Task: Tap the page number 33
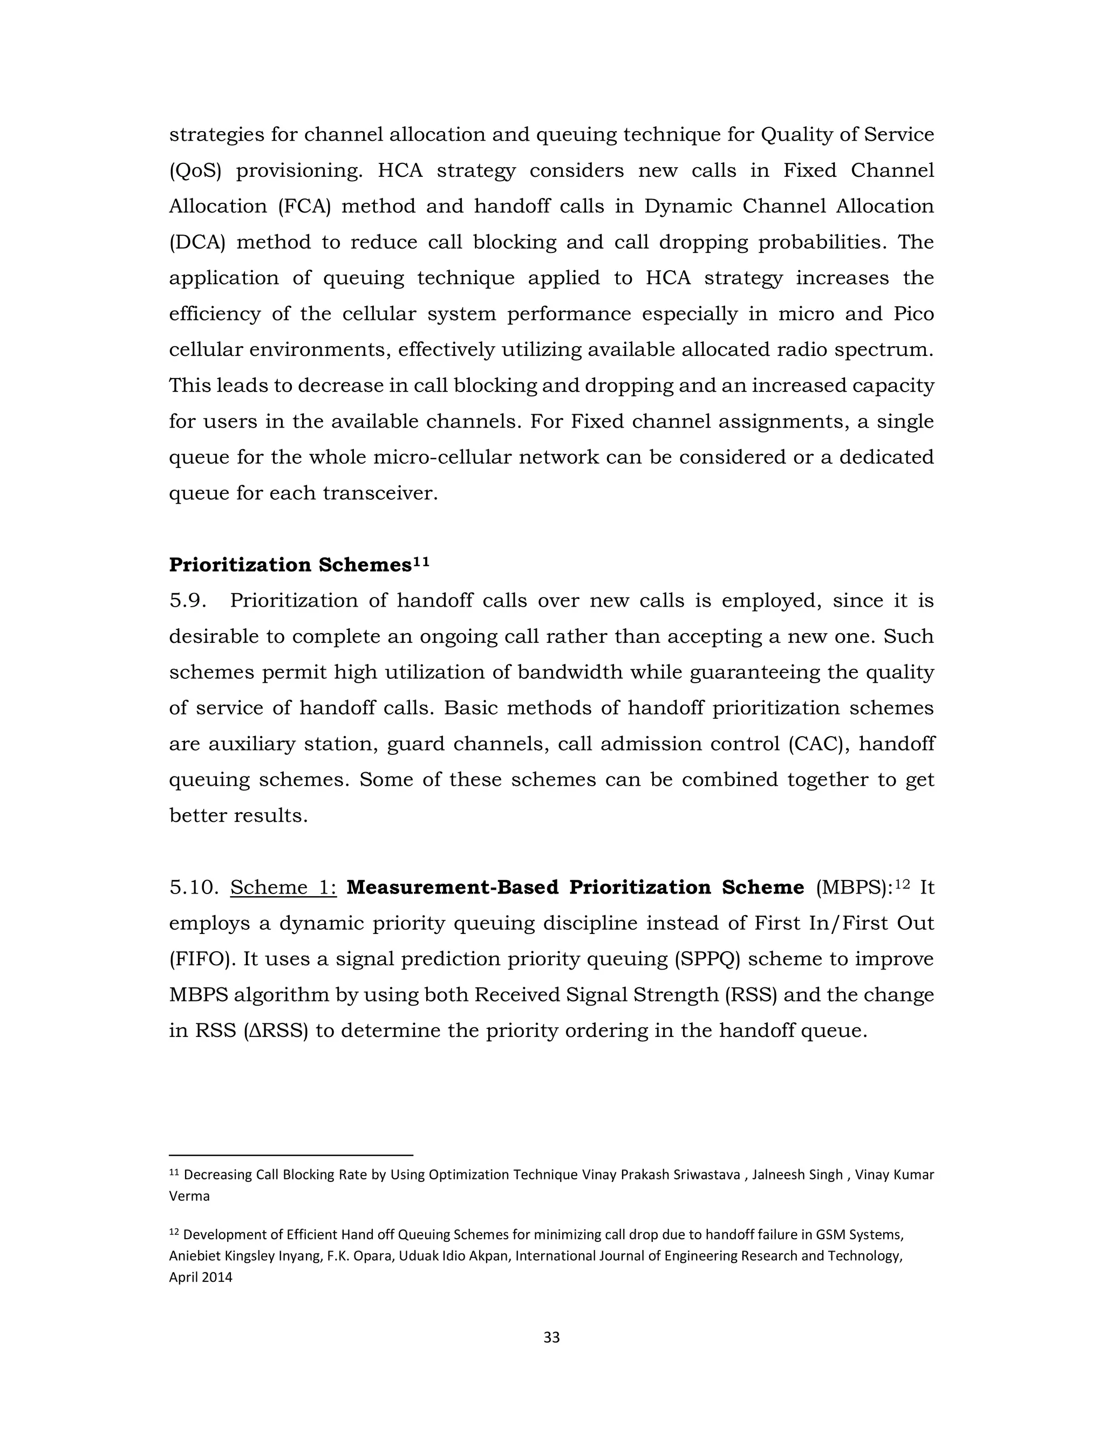tap(552, 1337)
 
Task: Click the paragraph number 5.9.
tap(188, 601)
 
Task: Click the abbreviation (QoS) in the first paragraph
tap(195, 171)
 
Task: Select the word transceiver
tap(380, 493)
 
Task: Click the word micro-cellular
tap(441, 457)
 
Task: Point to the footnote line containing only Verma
tap(189, 1196)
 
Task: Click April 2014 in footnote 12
tap(200, 1277)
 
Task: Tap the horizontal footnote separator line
tap(291, 1156)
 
